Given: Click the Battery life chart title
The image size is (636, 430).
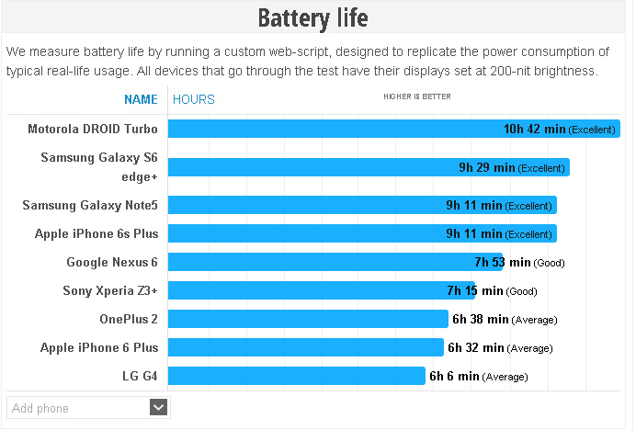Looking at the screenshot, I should click(x=312, y=18).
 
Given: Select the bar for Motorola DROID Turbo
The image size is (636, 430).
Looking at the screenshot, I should click(x=331, y=130).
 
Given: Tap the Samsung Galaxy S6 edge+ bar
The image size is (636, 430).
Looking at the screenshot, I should click(x=312, y=167).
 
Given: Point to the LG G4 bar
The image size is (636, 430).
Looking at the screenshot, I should click(x=294, y=376).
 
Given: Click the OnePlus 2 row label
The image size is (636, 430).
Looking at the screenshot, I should click(x=129, y=319).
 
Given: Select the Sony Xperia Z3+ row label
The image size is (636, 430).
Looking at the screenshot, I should click(x=110, y=290).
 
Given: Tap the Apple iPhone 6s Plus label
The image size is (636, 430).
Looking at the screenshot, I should click(x=97, y=233).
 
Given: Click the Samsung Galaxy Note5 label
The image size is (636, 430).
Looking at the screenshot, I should click(x=90, y=205).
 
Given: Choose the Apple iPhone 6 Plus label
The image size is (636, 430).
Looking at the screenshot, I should click(x=99, y=347).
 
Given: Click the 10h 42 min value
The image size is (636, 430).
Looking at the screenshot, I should click(x=534, y=130).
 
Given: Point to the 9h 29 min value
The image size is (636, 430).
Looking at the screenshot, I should click(x=486, y=167).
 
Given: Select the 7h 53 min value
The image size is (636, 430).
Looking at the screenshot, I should click(x=503, y=262).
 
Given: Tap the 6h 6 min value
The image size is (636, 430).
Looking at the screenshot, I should click(x=454, y=376).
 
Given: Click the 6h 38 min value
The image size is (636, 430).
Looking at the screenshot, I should click(x=480, y=319).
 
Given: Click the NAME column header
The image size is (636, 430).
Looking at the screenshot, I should click(x=141, y=99).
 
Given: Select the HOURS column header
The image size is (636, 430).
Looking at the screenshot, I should click(x=194, y=99).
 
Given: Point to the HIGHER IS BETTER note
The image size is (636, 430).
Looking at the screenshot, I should click(x=417, y=96).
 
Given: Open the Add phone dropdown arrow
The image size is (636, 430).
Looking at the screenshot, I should click(x=159, y=407).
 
